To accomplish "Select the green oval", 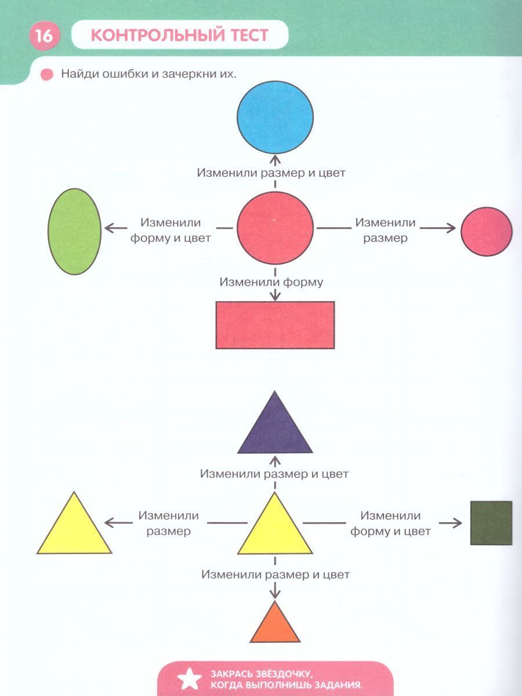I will click(x=74, y=231).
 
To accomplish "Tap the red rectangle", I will click(x=275, y=325).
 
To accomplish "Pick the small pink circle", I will click(x=487, y=231).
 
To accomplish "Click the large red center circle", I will click(x=275, y=229).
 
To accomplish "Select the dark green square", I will click(x=491, y=523).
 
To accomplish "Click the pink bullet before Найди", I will click(x=46, y=75).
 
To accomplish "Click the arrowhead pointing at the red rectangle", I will click(x=275, y=296).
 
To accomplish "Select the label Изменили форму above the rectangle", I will click(x=271, y=282).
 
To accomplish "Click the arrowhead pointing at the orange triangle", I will click(x=275, y=594).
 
